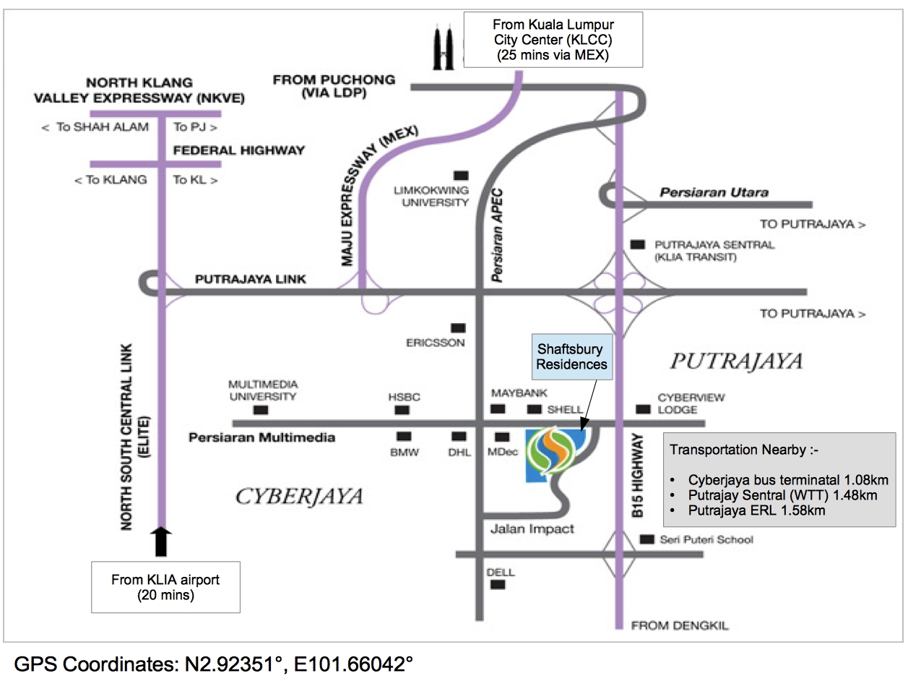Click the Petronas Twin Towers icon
pos(443,47)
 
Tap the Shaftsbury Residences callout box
pos(571,357)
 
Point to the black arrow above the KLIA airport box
pos(161,541)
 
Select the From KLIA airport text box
pos(165,587)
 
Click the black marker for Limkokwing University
pos(462,176)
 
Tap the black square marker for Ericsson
pos(458,328)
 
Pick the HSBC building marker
pos(402,410)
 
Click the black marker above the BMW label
pos(404,437)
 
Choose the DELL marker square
pos(498,585)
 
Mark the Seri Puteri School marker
pos(647,539)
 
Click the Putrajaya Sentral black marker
pos(637,244)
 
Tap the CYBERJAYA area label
pos(299,497)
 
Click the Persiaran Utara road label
pos(714,192)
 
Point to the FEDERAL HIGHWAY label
pos(238,150)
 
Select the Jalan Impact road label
pos(532,529)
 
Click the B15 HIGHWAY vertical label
pos(637,475)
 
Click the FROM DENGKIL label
pos(680,625)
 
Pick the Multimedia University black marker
pos(261,410)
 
